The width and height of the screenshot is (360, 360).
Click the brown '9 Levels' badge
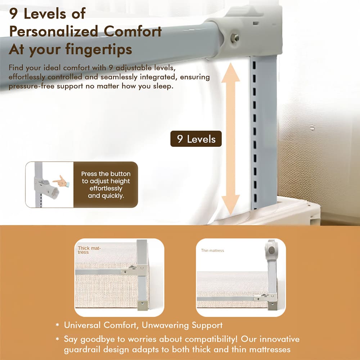click(x=196, y=139)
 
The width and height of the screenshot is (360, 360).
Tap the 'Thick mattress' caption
click(x=90, y=250)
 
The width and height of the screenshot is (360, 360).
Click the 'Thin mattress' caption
click(x=212, y=251)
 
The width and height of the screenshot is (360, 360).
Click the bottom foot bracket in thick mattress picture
click(x=142, y=305)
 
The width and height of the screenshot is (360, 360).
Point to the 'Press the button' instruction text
click(x=105, y=174)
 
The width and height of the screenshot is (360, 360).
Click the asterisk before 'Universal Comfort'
click(x=57, y=325)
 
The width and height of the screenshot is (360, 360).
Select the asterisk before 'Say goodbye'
click(x=57, y=339)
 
